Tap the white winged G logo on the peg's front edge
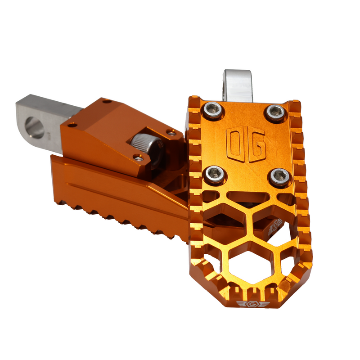click(252, 304)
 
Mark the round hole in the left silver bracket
click(35, 127)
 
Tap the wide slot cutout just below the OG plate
click(248, 196)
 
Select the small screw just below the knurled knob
click(139, 158)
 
